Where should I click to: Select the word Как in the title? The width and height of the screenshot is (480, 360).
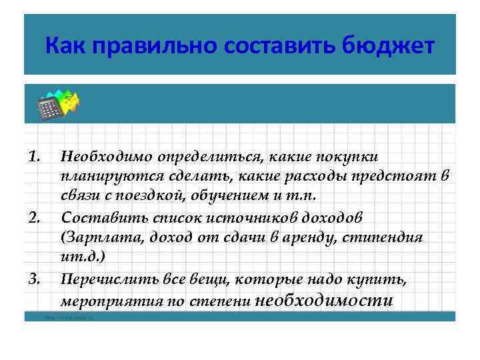(67, 47)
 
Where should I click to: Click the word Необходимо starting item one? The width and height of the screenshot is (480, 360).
(107, 157)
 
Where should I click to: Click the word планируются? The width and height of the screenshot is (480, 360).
(106, 177)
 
